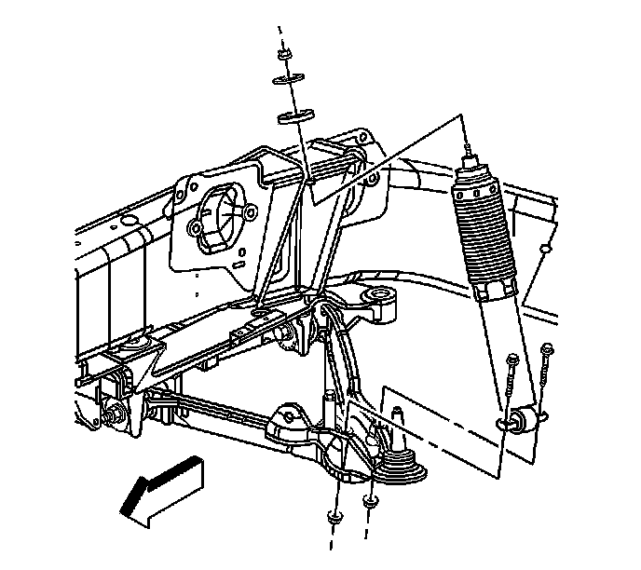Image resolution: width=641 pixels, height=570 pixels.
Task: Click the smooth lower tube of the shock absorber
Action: point(498,345)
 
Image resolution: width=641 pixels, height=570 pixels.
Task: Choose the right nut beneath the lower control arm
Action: point(370,503)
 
